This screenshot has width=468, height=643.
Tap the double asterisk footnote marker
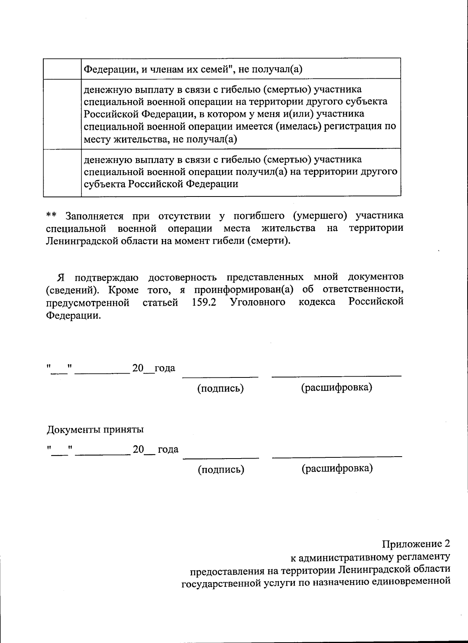(51, 216)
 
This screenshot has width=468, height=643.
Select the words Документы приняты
(95, 430)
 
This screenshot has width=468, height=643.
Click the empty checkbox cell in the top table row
(62, 69)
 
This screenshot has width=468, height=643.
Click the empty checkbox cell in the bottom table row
(62, 172)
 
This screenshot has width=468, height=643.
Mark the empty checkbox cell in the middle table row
(62, 113)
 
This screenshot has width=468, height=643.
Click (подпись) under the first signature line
(221, 388)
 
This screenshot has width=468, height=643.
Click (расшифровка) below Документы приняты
(337, 468)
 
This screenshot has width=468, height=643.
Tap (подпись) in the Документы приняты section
(221, 469)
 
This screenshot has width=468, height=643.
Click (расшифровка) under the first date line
(337, 388)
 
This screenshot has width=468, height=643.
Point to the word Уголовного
(257, 302)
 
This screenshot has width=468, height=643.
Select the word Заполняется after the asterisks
(94, 216)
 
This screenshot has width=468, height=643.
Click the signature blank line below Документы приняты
(221, 457)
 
